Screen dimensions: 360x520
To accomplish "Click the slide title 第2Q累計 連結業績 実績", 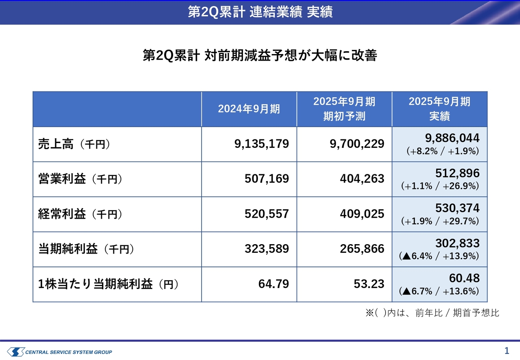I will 260,12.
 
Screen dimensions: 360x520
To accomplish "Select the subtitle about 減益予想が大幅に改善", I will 260,55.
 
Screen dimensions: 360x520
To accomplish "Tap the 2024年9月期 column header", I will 249,109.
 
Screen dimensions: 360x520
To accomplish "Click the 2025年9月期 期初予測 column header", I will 344,109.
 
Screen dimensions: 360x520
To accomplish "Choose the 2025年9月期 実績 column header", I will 440,109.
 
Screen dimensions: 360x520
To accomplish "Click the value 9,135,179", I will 262,144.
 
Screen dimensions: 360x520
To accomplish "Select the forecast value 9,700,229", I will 357,144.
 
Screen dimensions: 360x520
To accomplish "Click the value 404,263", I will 362,179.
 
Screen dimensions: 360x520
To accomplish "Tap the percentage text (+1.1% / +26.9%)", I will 440,186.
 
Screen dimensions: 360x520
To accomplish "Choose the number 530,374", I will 457,208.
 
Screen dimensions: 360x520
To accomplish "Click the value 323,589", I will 266,249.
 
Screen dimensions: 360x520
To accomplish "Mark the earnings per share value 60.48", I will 464,278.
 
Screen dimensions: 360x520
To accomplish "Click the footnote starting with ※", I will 432,313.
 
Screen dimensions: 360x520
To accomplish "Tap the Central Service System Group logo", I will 59,351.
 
